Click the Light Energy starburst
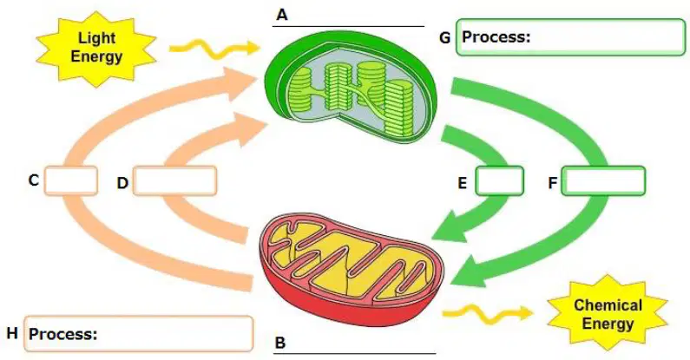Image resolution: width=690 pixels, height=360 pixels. coord(96,48)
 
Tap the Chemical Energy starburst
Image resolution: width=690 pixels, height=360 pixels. coord(608,314)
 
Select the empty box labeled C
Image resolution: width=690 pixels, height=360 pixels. coord(71,180)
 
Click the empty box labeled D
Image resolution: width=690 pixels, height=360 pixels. coord(174,180)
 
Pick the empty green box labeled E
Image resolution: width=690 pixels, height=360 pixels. coord(499,180)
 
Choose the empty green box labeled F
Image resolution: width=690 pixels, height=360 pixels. coord(603,180)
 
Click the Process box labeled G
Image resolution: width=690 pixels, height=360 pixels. coord(570,37)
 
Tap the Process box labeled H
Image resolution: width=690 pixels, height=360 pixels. coord(139,334)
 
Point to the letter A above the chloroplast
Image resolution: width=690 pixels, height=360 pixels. coord(281,16)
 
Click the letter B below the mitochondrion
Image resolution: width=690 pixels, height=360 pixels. coord(279,343)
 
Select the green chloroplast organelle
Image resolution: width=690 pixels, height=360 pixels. coord(352,87)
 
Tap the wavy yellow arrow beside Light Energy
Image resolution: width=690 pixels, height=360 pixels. coord(214,48)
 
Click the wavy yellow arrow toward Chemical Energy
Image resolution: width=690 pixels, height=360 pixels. coord(488,313)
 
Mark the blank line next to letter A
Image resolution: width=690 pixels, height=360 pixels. coord(348,26)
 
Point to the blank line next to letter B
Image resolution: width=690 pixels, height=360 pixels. coord(355,353)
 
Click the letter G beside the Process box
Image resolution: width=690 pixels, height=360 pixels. coord(445,38)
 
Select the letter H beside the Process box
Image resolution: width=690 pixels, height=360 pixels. coord(12,333)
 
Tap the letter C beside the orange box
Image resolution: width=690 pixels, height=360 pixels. coord(34,180)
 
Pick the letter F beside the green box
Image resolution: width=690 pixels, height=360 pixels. coord(553,182)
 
